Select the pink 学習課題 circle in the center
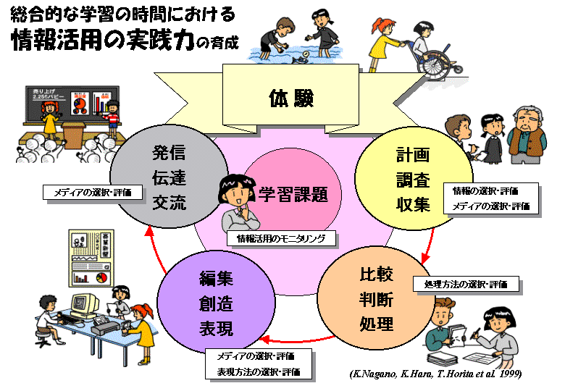(293, 193)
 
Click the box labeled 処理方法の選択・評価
(466, 284)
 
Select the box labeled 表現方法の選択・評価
(259, 372)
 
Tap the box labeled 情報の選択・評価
(485, 191)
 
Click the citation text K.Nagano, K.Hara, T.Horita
(435, 374)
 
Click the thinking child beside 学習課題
(235, 203)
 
